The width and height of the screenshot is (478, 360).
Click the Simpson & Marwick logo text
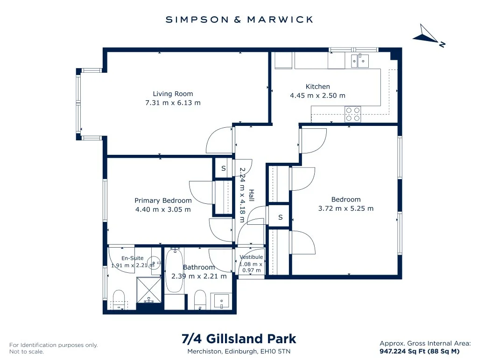pos(239,20)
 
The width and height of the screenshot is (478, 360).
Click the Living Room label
pos(173,94)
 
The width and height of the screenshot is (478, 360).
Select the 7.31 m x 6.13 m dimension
pos(173,103)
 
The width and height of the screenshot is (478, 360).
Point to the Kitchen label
pos(317,86)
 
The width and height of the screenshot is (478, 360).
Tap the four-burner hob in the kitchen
pos(353,114)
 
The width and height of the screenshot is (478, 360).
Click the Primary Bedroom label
pos(163,201)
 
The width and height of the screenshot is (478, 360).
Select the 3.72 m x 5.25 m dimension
pos(346,208)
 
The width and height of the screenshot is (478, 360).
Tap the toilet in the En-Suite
pos(119,300)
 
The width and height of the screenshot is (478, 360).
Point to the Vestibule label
pos(251,257)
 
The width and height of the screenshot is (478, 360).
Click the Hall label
pos(252,195)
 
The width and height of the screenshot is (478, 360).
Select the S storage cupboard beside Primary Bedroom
pos(224,168)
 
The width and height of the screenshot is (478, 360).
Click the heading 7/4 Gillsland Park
pos(239,339)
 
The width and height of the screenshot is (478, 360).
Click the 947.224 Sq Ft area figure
pos(402,351)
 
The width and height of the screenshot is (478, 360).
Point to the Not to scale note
pos(27,352)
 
